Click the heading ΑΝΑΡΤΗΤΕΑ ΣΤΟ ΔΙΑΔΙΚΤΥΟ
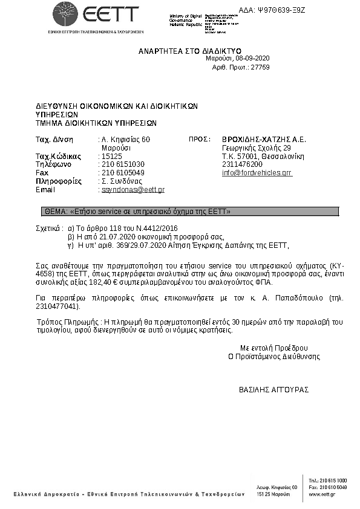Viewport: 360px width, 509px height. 190,50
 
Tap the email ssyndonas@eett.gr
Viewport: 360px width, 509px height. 133,190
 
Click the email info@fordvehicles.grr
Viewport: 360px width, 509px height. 257,173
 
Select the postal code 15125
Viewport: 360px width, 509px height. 112,156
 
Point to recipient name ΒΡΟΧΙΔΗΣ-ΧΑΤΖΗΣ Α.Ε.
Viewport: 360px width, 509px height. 264,140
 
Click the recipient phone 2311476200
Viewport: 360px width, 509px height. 243,164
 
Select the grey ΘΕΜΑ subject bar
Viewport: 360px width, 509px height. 189,212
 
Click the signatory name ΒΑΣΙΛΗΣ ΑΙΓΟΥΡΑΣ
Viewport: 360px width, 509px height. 274,389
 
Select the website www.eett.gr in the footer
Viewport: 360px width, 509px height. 322,494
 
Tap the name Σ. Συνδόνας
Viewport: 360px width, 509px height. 122,181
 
